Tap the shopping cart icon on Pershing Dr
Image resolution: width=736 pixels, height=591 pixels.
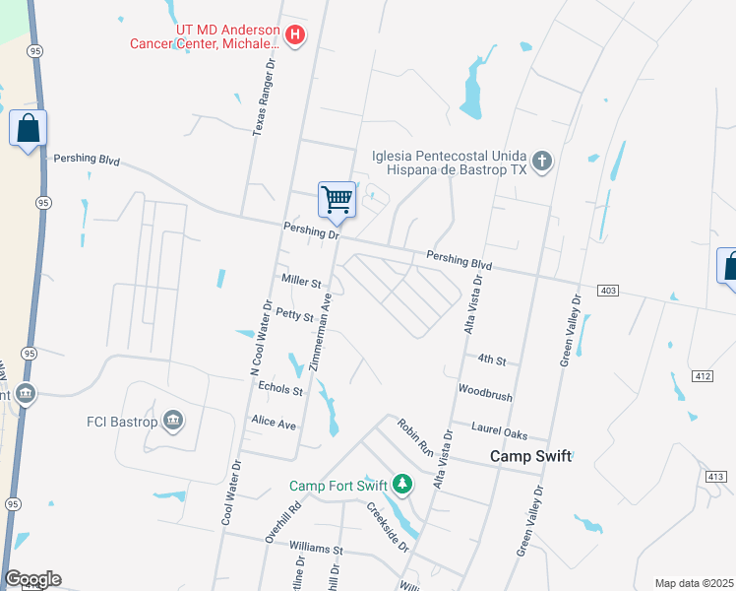[337, 200]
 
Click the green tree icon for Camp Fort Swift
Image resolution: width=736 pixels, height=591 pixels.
[401, 484]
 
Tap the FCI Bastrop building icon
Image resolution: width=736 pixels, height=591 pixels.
[173, 422]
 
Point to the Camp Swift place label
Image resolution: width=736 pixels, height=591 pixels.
[531, 457]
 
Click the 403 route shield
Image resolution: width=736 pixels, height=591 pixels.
[607, 290]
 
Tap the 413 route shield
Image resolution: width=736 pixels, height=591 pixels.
[714, 476]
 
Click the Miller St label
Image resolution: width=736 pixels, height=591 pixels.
[302, 283]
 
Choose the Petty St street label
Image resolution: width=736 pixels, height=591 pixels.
[294, 316]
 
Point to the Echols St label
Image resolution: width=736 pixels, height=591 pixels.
[280, 390]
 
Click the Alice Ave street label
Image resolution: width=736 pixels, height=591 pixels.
[274, 424]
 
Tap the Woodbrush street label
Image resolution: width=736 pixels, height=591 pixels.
[485, 397]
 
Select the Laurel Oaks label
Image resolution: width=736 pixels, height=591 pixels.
[499, 434]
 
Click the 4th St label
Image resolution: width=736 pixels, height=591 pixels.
[492, 361]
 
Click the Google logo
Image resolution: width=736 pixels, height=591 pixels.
[32, 579]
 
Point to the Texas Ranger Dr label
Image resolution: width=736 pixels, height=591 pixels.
[264, 95]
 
